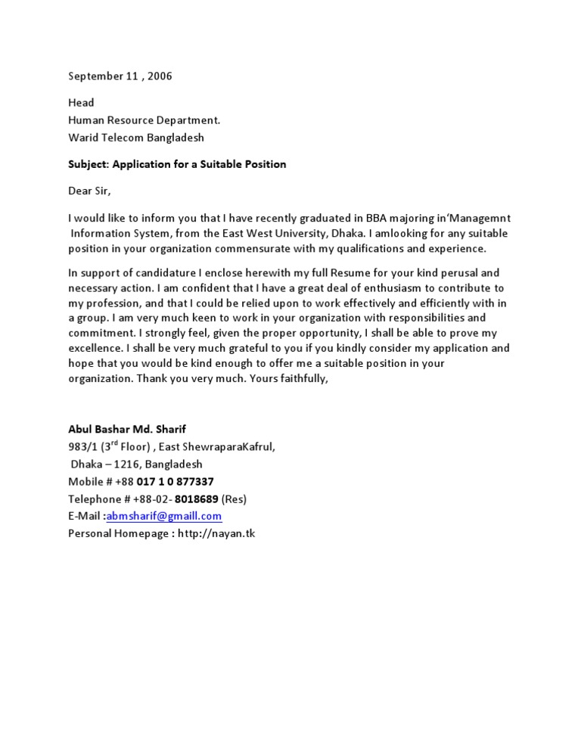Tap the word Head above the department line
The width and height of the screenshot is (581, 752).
pyautogui.click(x=81, y=102)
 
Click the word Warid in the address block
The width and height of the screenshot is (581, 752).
pyautogui.click(x=83, y=138)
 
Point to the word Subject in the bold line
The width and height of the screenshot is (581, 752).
pyautogui.click(x=88, y=163)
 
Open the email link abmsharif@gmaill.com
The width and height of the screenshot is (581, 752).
pyautogui.click(x=164, y=516)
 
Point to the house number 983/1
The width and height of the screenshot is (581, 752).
pyautogui.click(x=82, y=446)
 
